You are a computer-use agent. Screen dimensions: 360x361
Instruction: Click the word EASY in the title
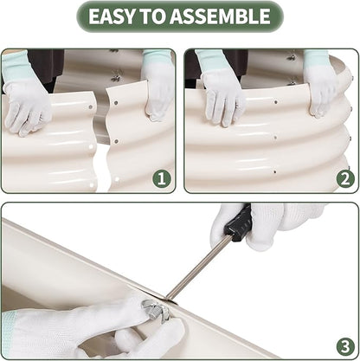click(x=112, y=16)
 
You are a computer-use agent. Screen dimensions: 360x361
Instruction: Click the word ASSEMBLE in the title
click(x=220, y=16)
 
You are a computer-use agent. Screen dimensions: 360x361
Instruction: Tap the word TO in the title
click(x=152, y=16)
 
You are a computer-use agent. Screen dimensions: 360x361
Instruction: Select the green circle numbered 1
click(x=162, y=178)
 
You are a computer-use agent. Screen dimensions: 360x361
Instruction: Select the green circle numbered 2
click(x=345, y=179)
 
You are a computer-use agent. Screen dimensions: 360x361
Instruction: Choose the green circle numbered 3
click(x=345, y=346)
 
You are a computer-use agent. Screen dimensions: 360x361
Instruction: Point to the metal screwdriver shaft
click(x=197, y=268)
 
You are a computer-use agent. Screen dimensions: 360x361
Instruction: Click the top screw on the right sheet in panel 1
click(x=116, y=102)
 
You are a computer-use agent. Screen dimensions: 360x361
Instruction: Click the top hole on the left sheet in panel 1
click(x=91, y=107)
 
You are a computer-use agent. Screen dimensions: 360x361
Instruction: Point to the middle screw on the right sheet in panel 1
click(x=116, y=141)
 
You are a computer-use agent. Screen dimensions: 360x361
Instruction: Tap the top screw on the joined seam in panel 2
click(x=276, y=102)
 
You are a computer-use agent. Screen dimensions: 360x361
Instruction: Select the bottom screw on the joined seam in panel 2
click(x=275, y=172)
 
